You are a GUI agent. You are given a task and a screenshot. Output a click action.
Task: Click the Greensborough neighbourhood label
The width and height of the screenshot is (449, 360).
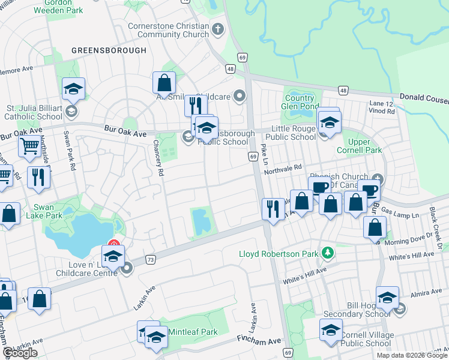click(x=109, y=50)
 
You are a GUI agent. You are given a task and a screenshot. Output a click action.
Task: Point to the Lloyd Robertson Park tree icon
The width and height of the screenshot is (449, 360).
click(x=327, y=253)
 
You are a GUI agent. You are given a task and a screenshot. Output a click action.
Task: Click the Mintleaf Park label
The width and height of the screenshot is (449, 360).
click(x=193, y=332)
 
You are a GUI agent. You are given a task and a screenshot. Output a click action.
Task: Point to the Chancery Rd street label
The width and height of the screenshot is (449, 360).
click(x=158, y=158)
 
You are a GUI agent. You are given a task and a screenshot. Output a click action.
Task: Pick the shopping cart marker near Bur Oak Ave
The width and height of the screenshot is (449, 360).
click(x=29, y=146)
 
